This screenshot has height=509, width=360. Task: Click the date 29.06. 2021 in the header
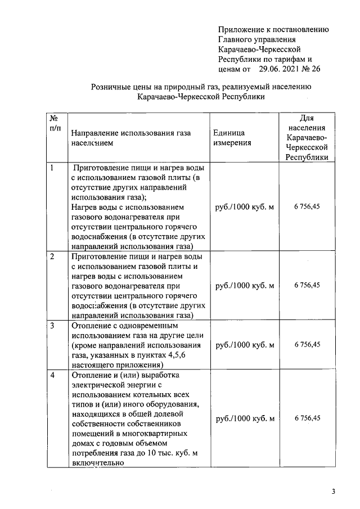pos(281,70)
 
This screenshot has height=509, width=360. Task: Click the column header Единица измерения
pos(232,138)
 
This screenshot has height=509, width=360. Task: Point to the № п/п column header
pos(55,124)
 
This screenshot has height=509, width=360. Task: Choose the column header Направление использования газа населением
pos(130,138)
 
